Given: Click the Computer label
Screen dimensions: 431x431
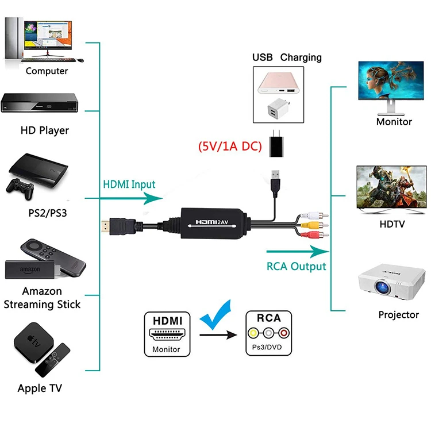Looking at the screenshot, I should point(47,71).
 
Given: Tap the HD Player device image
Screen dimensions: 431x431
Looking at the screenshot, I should point(40,103).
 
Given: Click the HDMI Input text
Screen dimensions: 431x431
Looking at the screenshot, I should point(129,184).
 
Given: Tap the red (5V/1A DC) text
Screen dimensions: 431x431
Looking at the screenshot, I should point(230,147).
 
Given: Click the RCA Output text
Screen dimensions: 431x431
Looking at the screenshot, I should point(296,266).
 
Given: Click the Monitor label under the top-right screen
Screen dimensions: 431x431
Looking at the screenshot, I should point(394,121).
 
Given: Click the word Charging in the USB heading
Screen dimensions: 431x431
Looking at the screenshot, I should point(301,57).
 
